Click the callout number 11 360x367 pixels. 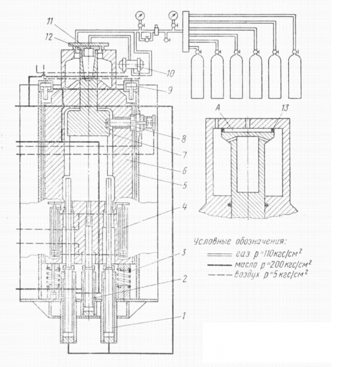tap(50, 21)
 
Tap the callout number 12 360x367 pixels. tap(49, 37)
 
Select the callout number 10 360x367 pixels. tap(170, 73)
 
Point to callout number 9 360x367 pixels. tap(170, 90)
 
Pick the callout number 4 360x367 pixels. tap(185, 207)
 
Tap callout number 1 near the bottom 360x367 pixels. tap(184, 316)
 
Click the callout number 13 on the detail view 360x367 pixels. tap(285, 108)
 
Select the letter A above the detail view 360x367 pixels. tap(218, 107)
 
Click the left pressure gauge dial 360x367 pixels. tap(140, 16)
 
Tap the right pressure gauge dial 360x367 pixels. tap(173, 16)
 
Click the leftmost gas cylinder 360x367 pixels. tap(198, 74)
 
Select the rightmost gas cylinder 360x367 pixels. tap(294, 74)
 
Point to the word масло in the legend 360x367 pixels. tap(246, 265)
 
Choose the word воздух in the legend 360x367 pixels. tap(247, 275)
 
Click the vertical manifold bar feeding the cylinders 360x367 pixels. tap(185, 32)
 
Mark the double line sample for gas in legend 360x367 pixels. tap(219, 255)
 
